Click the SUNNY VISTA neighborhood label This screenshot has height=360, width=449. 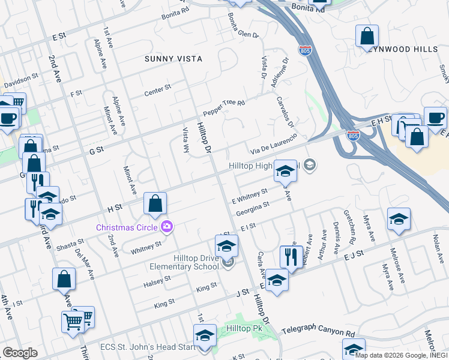coord(173,59)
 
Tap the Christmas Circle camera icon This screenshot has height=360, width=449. coord(167,227)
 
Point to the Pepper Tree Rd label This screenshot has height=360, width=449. coord(224,108)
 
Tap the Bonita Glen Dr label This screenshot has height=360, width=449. coord(243,28)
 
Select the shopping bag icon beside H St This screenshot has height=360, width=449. coord(155,203)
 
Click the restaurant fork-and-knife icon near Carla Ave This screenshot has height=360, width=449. coord(291,257)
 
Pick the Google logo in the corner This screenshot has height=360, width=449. coord(19,353)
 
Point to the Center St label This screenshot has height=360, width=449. coord(158,91)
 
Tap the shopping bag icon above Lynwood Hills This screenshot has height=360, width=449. coord(367,35)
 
